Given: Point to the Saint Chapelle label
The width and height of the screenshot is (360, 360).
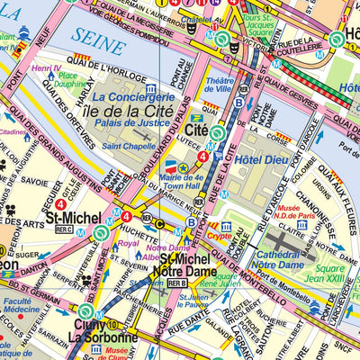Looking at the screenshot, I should (127, 146).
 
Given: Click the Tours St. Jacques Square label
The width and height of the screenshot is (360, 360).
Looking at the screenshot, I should (268, 24).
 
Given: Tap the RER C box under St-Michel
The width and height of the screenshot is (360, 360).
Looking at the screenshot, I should (64, 229).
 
